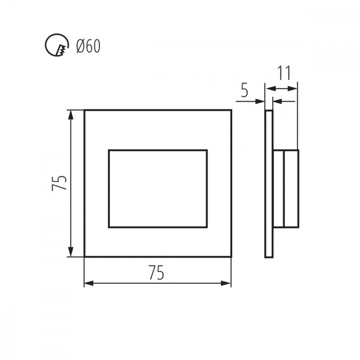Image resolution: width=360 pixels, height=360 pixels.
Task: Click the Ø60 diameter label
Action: [89, 46]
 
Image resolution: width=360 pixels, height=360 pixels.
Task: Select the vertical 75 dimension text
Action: [59, 183]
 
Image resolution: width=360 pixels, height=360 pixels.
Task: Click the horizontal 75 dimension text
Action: [156, 273]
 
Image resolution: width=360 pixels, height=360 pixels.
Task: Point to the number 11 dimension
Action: [284, 73]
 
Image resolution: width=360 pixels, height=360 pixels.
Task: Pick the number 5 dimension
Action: [245, 90]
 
